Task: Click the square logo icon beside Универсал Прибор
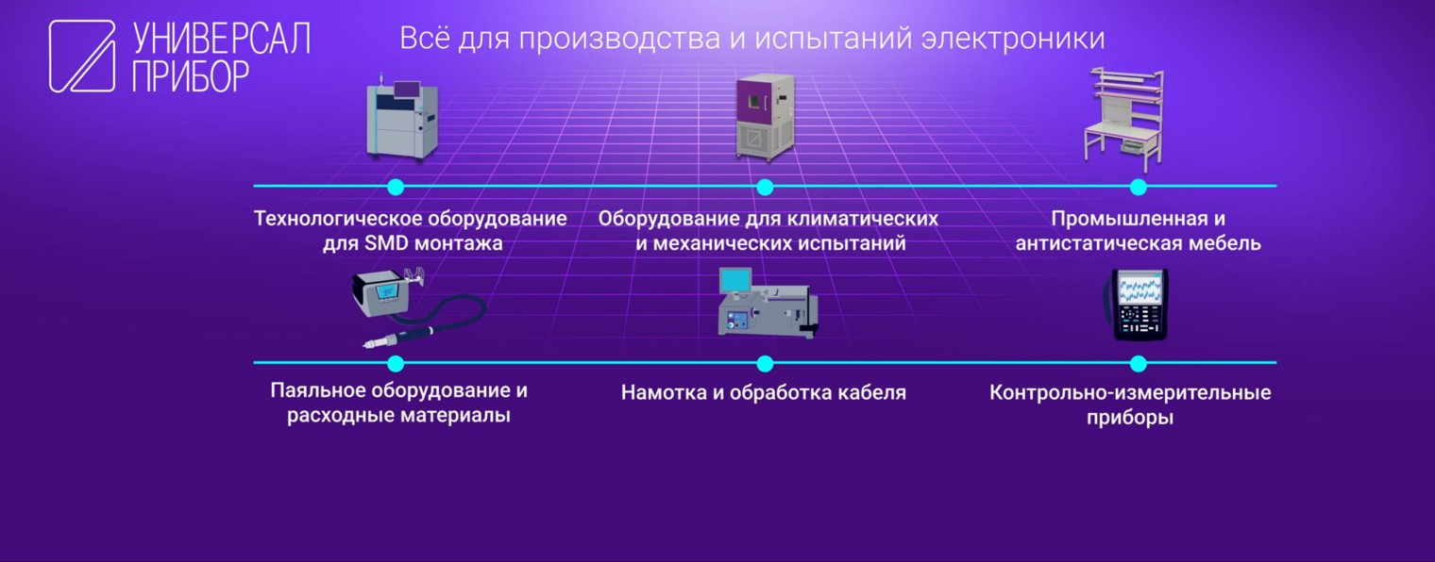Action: pos(82,57)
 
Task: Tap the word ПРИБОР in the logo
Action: pos(191,75)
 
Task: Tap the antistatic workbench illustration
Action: pos(1125,119)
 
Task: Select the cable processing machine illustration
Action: pos(767,303)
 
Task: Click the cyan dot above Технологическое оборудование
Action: pos(396,187)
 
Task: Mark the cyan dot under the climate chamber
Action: pos(765,187)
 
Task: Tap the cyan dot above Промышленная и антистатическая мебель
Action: pos(1138,187)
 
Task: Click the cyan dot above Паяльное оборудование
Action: pos(396,363)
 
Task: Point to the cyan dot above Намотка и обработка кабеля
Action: pos(765,363)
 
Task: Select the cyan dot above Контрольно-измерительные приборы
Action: pos(1138,363)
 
